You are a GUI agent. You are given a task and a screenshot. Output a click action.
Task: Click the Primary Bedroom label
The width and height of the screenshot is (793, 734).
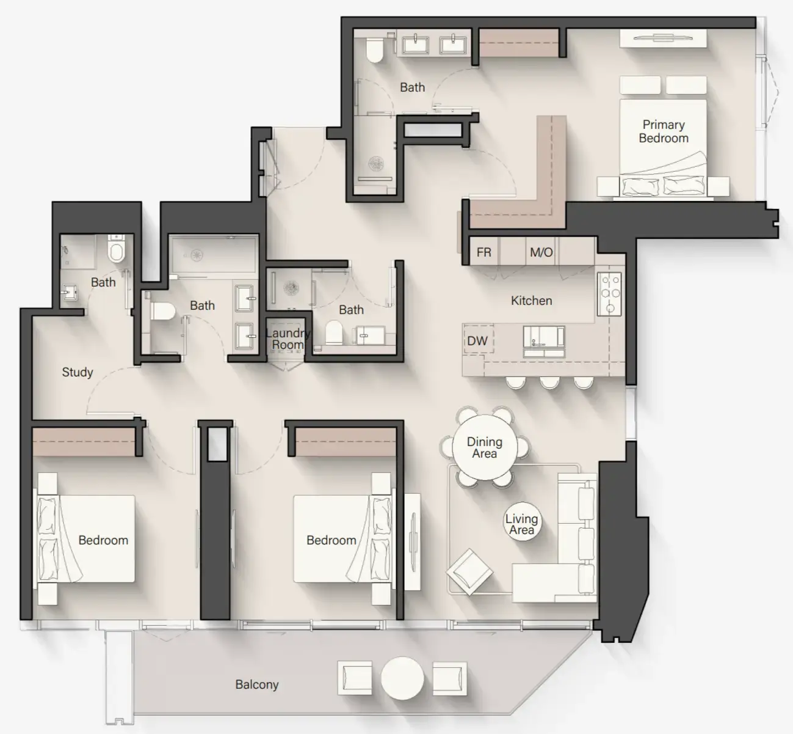coord(664,131)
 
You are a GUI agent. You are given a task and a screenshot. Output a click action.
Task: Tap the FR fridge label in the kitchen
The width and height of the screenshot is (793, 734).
coord(483,252)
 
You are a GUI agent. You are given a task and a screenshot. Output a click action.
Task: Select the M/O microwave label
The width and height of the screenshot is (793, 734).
coord(541,252)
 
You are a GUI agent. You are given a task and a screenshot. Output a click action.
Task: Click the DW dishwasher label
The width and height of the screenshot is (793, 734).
coord(477,341)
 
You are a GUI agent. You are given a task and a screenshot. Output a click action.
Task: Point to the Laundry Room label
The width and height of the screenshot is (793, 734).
coord(287,339)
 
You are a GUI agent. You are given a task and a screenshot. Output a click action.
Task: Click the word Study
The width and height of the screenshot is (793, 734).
coord(78,372)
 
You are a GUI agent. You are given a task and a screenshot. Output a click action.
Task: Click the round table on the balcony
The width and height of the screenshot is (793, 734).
coord(402,678)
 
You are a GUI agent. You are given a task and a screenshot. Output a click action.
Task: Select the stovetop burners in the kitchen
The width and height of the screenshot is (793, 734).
coord(609,293)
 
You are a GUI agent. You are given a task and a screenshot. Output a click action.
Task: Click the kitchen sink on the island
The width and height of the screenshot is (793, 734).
coord(543,341)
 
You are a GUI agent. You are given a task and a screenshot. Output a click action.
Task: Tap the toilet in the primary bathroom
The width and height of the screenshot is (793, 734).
coord(374,50)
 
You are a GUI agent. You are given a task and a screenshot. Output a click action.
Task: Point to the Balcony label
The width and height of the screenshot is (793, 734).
coord(257,684)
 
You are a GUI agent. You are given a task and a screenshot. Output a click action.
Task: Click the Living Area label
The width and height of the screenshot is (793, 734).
coord(521,524)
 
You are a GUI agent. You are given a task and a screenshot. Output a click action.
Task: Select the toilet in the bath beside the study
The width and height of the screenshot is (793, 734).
coord(116,251)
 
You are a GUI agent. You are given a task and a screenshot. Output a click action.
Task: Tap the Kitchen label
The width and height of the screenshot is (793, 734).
coord(531,301)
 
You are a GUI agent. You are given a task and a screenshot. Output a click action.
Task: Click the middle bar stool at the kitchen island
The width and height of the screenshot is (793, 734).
coord(550,383)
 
